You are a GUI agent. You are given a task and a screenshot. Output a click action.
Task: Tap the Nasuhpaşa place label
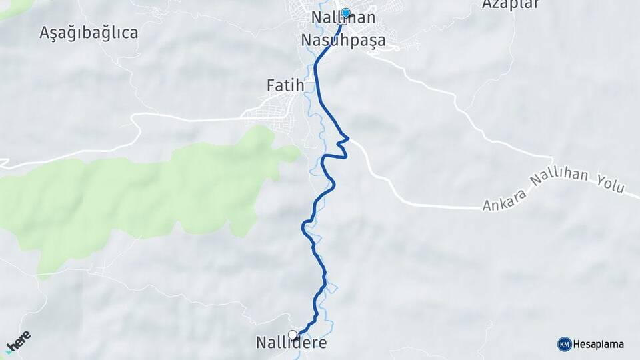(x=343, y=41)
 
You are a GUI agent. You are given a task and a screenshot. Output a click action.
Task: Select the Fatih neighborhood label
(x=285, y=85)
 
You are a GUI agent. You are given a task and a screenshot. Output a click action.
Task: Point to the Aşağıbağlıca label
(x=89, y=32)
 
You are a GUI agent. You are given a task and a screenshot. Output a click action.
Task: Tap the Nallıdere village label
(x=291, y=343)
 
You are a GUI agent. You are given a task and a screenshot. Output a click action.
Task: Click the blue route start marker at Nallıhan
(x=346, y=13)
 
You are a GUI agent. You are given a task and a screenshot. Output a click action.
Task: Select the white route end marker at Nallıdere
(x=292, y=334)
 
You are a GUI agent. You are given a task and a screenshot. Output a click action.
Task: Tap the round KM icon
(x=564, y=344)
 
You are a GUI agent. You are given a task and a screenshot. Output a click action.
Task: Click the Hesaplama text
(x=599, y=345)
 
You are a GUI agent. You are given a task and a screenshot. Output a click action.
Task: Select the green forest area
(x=133, y=193)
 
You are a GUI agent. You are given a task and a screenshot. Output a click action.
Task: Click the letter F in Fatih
(x=271, y=85)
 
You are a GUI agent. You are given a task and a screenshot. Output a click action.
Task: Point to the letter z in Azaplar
(x=496, y=5)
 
